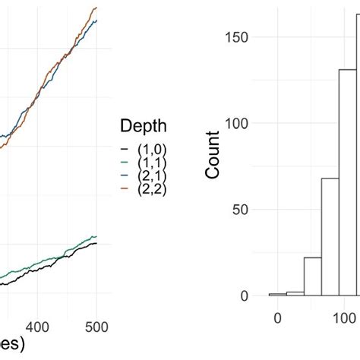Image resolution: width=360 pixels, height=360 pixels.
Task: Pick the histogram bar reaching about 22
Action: (x=313, y=276)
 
